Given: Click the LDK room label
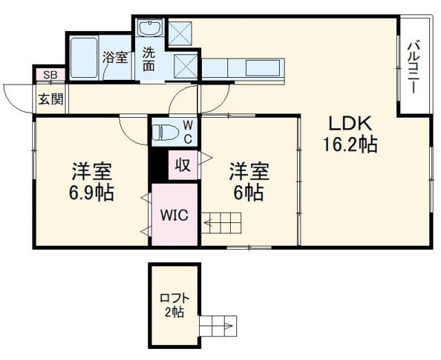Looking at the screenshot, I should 350,125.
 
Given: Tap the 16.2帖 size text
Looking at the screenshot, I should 350,146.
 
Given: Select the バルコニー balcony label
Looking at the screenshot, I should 412,67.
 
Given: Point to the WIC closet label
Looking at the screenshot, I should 175,214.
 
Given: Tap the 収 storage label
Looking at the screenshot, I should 183,165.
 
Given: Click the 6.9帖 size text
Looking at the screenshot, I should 92,192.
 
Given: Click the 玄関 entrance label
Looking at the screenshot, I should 50,98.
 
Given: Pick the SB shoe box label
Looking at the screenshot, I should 50,75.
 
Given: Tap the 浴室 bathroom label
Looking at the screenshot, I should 115,58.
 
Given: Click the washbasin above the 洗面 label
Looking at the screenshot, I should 149,30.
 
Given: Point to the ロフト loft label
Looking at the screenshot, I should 174,300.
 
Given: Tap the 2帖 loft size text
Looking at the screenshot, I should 174,313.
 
